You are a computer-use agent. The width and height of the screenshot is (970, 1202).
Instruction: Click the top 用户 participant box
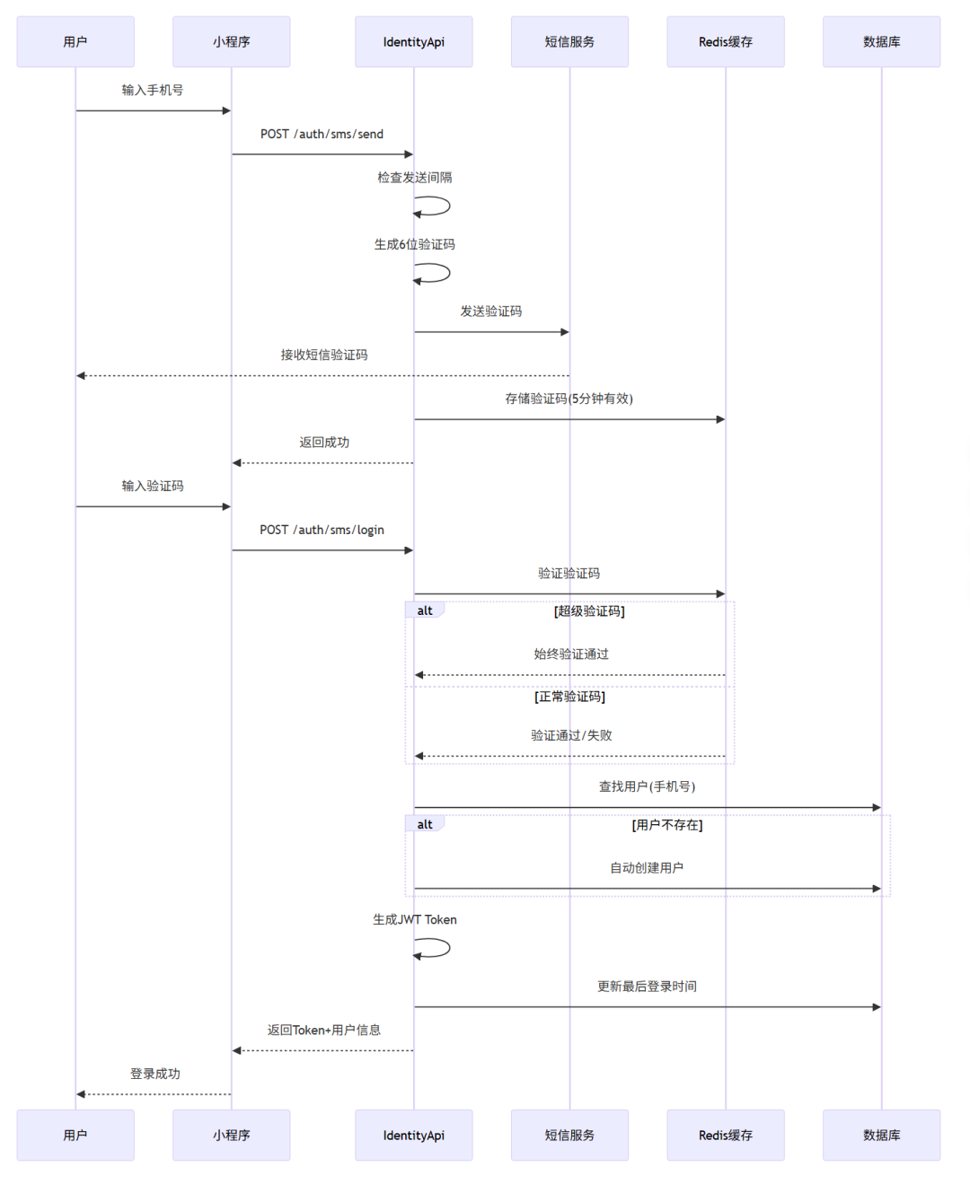(75, 41)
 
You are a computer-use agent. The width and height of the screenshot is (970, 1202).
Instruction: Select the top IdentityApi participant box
(413, 41)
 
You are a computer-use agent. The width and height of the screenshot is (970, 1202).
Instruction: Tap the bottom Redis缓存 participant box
(725, 1135)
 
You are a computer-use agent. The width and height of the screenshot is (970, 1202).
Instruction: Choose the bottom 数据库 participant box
(881, 1135)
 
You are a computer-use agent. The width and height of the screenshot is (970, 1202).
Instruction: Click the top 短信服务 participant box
(569, 41)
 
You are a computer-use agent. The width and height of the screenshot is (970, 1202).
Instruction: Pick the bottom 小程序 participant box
(231, 1135)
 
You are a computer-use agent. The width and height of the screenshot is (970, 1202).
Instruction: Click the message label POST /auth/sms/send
(322, 134)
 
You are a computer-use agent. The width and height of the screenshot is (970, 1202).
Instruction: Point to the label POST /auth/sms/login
(322, 530)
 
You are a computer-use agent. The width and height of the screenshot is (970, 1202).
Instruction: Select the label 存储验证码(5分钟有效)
(569, 399)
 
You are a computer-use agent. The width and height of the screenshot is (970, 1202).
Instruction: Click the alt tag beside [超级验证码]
(425, 610)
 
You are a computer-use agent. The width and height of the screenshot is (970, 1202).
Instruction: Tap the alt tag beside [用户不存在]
(425, 824)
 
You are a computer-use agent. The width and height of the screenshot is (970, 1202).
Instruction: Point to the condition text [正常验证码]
(569, 697)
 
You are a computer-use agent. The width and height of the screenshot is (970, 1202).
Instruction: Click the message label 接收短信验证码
(323, 355)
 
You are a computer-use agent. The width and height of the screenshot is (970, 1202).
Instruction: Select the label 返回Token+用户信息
(323, 1030)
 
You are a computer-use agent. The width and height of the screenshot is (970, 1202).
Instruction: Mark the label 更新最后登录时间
(647, 986)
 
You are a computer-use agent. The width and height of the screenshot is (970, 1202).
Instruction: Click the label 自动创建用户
(647, 867)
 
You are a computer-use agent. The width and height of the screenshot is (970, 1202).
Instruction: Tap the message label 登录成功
(154, 1074)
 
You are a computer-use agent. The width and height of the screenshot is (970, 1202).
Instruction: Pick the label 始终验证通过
(571, 654)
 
